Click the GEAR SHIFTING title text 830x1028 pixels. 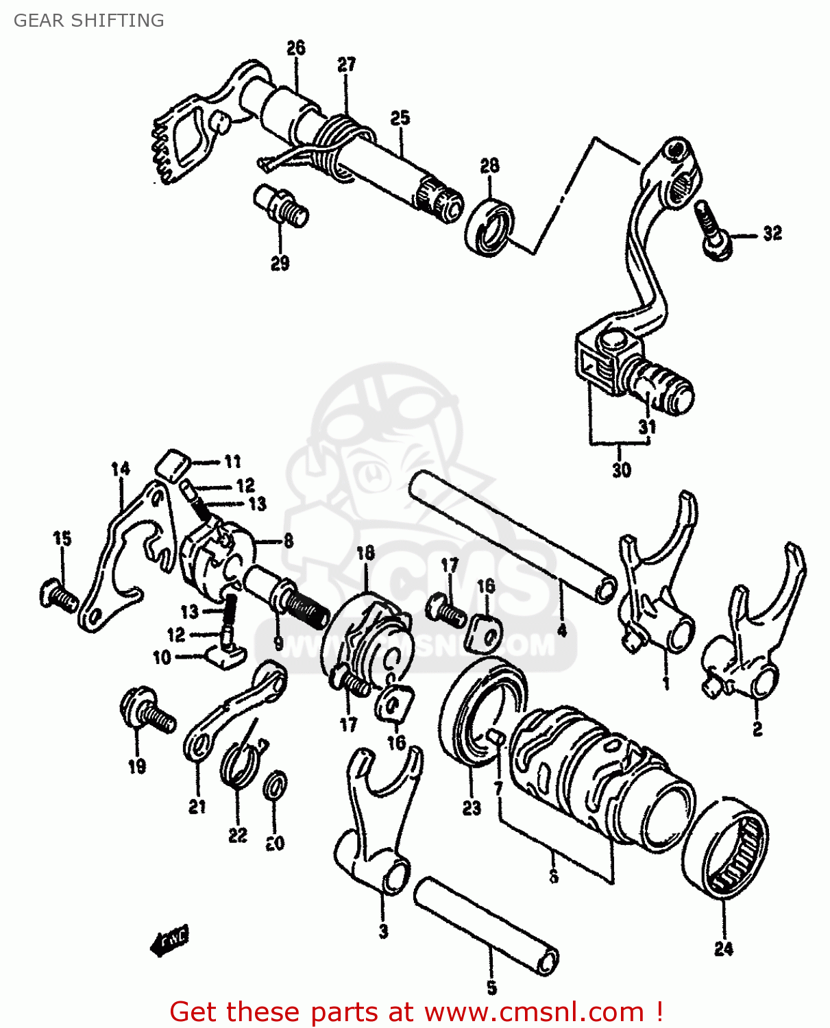pos(88,21)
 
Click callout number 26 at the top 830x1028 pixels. pos(295,48)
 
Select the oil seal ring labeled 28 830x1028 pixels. pos(489,227)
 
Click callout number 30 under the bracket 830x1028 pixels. pos(621,470)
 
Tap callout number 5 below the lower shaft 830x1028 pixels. pos(491,988)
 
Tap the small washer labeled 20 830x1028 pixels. pos(276,785)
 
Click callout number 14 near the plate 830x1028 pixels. pos(120,469)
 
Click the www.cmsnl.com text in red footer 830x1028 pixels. pos(533,1012)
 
